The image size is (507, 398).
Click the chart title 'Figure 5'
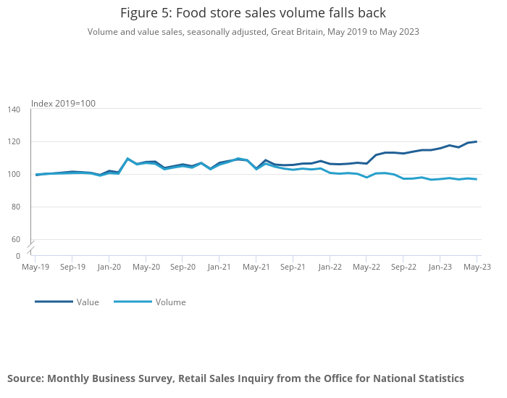[253, 13]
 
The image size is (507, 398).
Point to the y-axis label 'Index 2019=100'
[63, 104]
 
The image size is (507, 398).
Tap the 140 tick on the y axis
[14, 109]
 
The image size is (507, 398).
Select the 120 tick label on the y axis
[14, 142]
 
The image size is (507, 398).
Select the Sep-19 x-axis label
[72, 267]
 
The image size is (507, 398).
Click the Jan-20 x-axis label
[109, 267]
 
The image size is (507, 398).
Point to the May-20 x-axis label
[146, 267]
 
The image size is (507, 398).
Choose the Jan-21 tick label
[219, 267]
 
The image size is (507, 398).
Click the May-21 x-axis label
[256, 267]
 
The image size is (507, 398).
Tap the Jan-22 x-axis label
[330, 267]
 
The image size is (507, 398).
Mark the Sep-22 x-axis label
[403, 267]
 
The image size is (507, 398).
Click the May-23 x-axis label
[477, 267]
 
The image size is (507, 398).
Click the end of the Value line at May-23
[477, 141]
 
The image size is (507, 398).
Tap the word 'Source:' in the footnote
[25, 378]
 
